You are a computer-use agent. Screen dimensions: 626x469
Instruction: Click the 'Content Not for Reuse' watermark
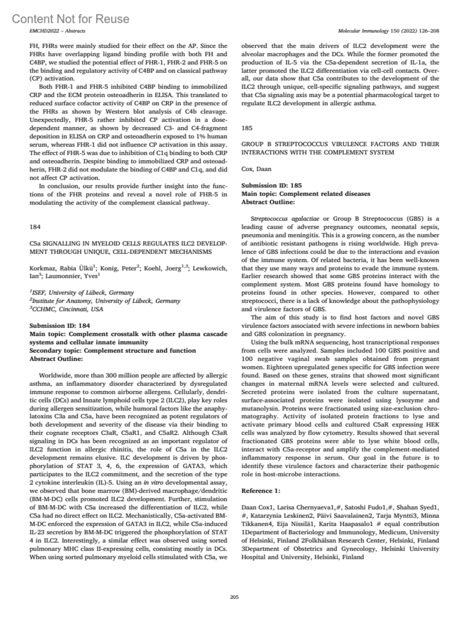[71, 19]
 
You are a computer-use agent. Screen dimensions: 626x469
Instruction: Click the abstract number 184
[35, 226]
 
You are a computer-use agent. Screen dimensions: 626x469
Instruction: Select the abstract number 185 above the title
[247, 128]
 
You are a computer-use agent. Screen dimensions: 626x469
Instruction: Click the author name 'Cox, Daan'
[256, 169]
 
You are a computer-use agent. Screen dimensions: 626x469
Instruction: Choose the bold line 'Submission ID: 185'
[272, 185]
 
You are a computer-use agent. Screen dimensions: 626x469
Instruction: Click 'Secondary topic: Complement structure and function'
[113, 350]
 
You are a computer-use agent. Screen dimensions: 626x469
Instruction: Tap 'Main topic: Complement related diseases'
[306, 194]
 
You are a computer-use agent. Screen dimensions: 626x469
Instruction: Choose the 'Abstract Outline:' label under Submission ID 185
[268, 202]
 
